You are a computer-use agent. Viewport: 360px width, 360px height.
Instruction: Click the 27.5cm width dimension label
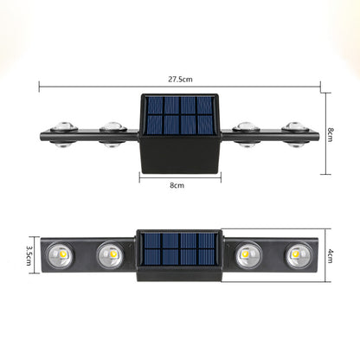[x=180, y=79]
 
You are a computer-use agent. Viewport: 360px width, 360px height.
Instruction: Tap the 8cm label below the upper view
[x=177, y=185]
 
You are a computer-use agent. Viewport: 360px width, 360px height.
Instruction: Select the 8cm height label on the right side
[x=331, y=134]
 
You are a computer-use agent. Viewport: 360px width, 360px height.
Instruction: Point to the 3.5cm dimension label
[x=29, y=255]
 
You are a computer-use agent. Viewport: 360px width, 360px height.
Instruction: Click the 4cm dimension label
[x=331, y=256]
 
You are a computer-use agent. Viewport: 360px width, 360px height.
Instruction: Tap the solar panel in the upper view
[x=180, y=115]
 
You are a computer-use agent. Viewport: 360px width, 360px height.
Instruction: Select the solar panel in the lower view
[x=179, y=249]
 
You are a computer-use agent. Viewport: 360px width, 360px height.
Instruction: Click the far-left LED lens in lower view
[x=60, y=255]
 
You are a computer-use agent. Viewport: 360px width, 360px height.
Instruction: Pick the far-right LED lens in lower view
[x=299, y=255]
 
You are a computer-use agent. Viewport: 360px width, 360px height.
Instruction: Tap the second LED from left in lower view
[x=111, y=255]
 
